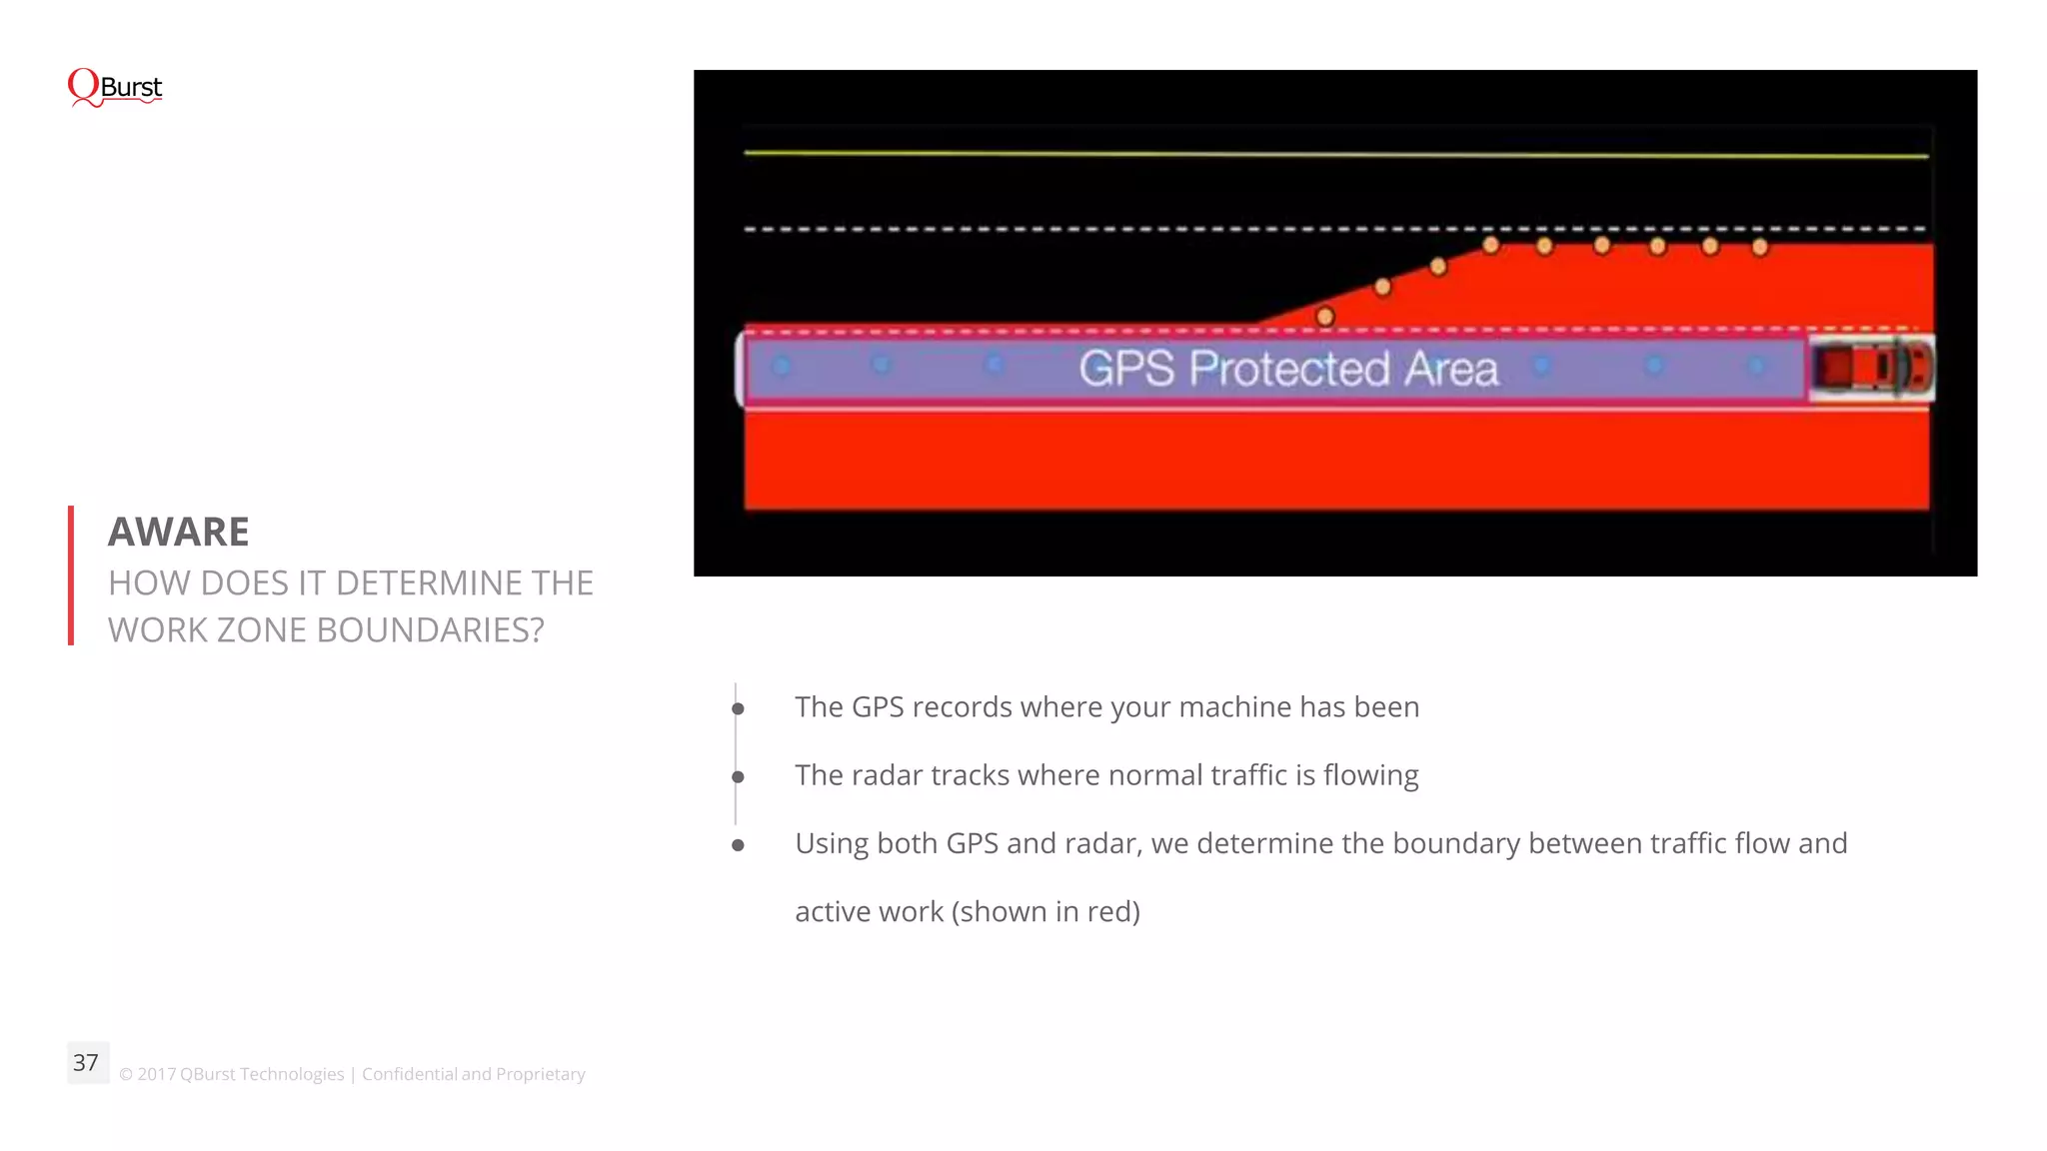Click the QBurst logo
click(114, 88)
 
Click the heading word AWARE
click(178, 532)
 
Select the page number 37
click(86, 1062)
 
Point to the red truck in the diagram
click(1870, 368)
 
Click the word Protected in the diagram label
click(1290, 369)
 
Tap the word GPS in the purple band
click(1126, 369)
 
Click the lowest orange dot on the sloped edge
click(1325, 317)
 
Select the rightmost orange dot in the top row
click(1760, 247)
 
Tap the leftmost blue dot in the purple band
click(782, 367)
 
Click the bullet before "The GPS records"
click(738, 708)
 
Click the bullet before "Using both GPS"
click(738, 845)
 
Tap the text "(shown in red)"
click(1045, 911)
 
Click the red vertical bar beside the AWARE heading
click(71, 575)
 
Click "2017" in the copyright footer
click(156, 1074)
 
